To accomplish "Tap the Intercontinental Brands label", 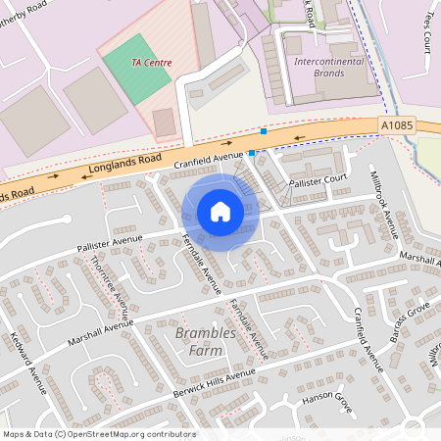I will coord(333,67).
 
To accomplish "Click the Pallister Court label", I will coord(318,181).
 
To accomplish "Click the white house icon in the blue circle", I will coord(220,212).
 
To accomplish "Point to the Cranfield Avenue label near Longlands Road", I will coord(207,157).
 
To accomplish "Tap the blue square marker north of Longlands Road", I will coord(264,131).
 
